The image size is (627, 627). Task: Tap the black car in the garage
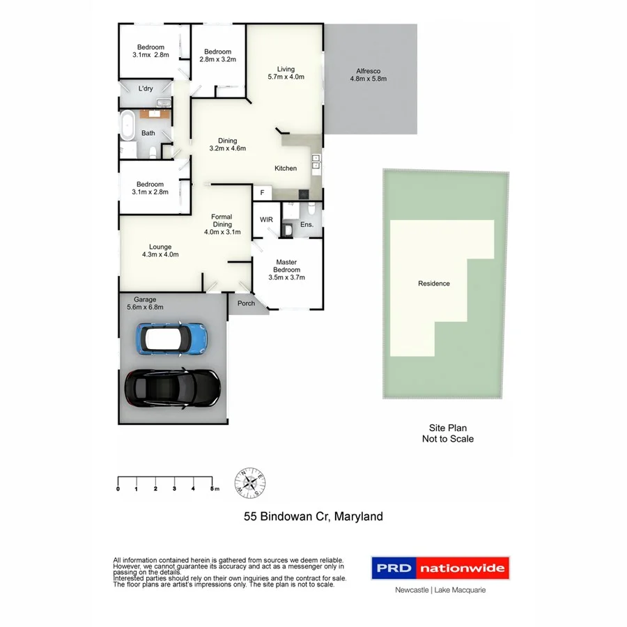(x=172, y=387)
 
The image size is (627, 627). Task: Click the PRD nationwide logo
(x=440, y=568)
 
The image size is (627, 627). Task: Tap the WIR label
(x=266, y=220)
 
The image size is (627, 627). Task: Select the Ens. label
(x=307, y=225)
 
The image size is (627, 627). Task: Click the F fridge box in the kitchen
(x=263, y=192)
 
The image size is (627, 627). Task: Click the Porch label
(x=246, y=303)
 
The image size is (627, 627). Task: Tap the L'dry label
(x=146, y=88)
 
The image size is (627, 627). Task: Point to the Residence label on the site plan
(x=433, y=284)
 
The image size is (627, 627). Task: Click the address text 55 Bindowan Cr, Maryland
(x=313, y=517)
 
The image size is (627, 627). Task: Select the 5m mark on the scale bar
(x=213, y=489)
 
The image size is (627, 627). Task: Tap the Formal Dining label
(x=222, y=224)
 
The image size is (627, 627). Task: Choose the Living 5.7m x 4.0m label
(x=286, y=73)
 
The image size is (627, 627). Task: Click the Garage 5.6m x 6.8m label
(x=146, y=304)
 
